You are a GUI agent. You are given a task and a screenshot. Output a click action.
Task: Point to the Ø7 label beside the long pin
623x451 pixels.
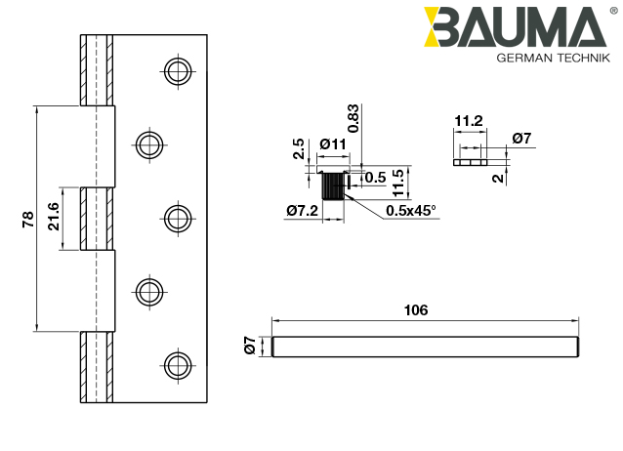click(250, 345)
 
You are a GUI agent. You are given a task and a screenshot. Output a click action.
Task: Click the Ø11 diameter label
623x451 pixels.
click(333, 144)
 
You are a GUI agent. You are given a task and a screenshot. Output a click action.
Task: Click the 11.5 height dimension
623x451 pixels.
click(398, 181)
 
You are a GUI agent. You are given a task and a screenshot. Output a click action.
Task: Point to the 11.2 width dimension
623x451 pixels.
click(468, 120)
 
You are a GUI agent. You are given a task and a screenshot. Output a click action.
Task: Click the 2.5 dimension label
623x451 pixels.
click(299, 148)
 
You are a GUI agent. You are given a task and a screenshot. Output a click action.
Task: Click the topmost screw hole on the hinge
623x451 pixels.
click(177, 71)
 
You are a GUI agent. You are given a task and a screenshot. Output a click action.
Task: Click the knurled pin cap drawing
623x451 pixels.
click(333, 184)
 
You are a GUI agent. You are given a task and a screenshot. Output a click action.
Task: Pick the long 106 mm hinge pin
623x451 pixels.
click(425, 346)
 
